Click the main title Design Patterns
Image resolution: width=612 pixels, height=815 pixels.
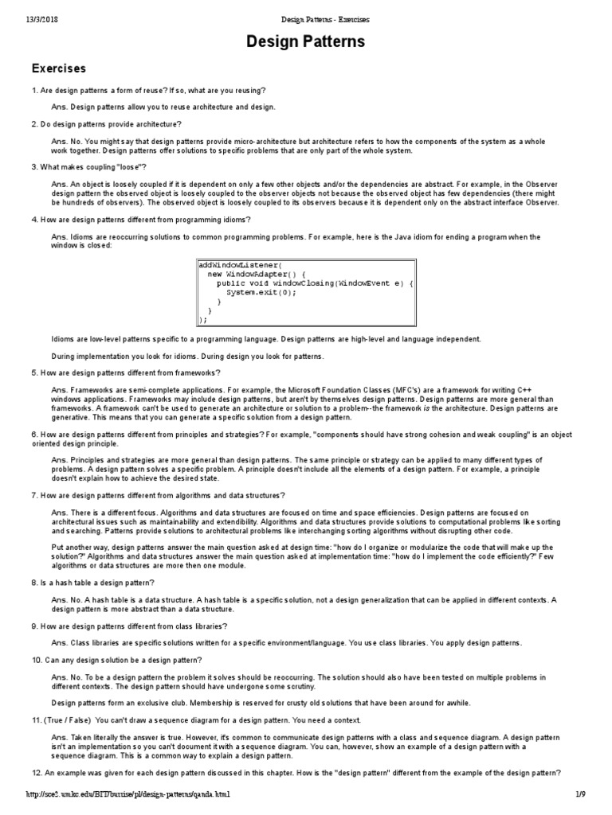pyautogui.click(x=305, y=41)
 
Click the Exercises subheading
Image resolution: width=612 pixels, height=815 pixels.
pyautogui.click(x=58, y=68)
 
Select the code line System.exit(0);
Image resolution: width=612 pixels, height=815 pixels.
pyautogui.click(x=261, y=292)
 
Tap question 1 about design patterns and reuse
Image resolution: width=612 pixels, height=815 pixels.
pyautogui.click(x=150, y=90)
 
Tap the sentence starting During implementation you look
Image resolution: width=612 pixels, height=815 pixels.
pyautogui.click(x=187, y=356)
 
